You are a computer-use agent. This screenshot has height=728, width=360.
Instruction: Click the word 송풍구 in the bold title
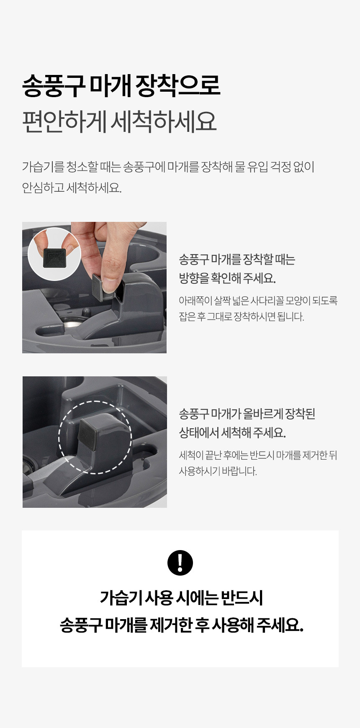(x=54, y=86)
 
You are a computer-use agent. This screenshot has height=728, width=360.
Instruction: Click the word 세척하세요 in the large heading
(x=164, y=122)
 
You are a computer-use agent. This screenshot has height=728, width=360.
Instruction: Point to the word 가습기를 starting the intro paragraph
(x=43, y=167)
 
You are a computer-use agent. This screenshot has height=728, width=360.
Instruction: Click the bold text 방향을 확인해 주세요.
(x=227, y=278)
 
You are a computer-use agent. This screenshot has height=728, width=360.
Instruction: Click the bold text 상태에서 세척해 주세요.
(x=232, y=432)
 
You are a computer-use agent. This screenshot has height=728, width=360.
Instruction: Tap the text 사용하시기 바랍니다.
(x=218, y=471)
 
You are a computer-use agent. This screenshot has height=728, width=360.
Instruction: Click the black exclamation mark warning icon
(x=180, y=563)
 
